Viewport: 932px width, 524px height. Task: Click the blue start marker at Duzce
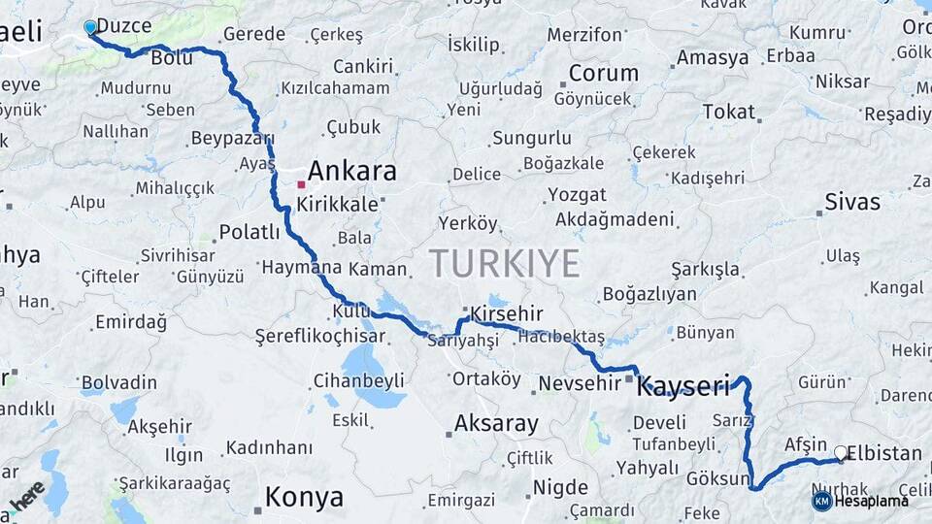point(90,27)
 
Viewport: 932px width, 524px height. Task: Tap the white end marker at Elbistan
point(841,452)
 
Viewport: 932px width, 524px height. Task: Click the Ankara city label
point(351,172)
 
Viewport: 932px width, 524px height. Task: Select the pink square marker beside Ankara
point(301,183)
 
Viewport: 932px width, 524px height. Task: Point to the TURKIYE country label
point(505,263)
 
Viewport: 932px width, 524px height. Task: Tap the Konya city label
point(304,498)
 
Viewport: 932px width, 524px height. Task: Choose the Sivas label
point(851,203)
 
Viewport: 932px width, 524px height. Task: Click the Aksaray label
point(496,423)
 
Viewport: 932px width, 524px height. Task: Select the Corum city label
point(603,74)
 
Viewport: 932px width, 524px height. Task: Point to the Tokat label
point(728,113)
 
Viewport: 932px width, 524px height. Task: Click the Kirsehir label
point(506,313)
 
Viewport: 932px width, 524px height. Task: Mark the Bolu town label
point(171,59)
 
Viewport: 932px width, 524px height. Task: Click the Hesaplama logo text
point(872,501)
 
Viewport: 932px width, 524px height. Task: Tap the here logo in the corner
point(27,496)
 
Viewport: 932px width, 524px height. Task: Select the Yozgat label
point(577,194)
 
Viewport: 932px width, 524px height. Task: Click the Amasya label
point(713,57)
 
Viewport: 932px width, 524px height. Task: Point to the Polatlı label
point(250,232)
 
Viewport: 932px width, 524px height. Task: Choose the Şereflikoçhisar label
point(319,337)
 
